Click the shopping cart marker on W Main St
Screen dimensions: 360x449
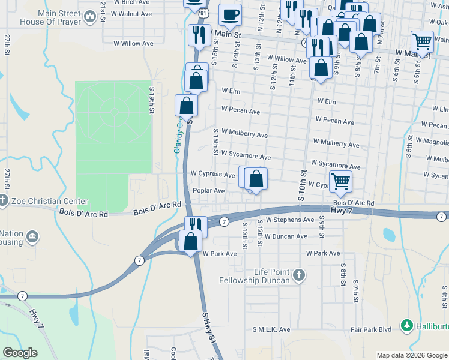(x=423, y=42)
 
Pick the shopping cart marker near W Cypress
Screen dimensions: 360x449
(x=340, y=180)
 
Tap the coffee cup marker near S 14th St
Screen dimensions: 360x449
(x=229, y=15)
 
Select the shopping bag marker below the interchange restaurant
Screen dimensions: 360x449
(x=191, y=241)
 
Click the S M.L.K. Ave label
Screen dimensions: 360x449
(x=271, y=329)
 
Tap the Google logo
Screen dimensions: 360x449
(x=20, y=353)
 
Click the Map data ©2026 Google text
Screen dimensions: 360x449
(x=412, y=355)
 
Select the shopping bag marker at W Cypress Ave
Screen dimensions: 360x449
(x=256, y=178)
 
